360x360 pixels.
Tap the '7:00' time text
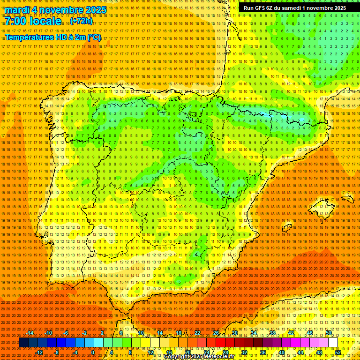17,21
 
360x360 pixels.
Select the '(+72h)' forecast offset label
81,22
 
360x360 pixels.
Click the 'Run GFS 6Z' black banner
294,8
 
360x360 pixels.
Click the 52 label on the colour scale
338,352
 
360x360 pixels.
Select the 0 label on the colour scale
93,352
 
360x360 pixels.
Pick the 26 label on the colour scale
216,333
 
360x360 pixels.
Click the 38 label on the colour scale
272,333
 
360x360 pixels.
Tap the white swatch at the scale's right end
333,343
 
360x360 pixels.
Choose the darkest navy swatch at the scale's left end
23,343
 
